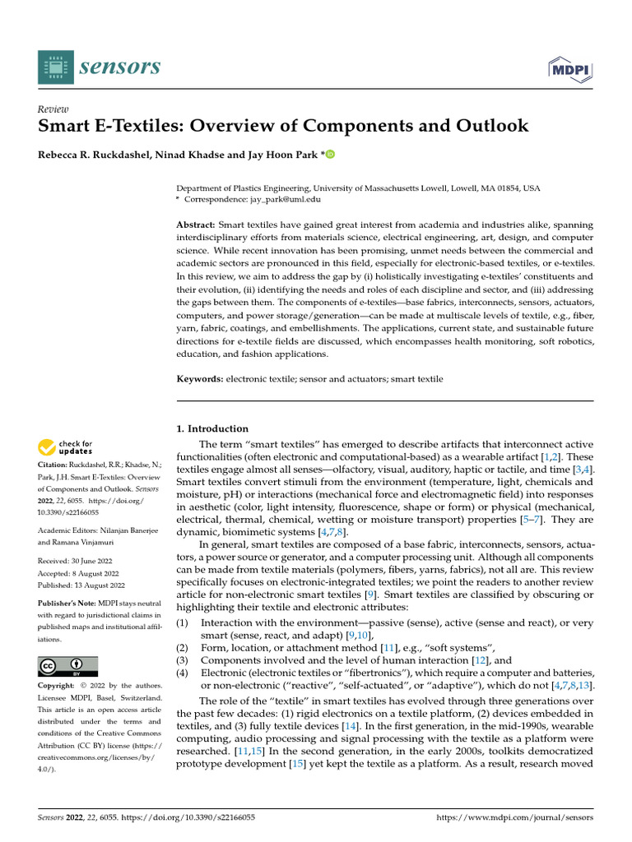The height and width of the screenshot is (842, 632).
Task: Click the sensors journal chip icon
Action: (x=54, y=67)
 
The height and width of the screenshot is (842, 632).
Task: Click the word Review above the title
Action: (x=53, y=109)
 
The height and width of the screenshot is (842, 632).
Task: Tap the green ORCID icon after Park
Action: (x=309, y=154)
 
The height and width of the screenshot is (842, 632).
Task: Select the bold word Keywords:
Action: (x=200, y=379)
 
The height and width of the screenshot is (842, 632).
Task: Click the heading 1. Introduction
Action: (x=213, y=428)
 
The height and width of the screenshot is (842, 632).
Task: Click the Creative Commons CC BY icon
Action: (x=67, y=666)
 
